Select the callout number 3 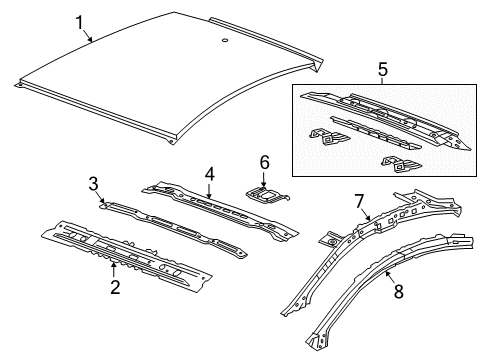point(92,182)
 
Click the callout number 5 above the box point(381,70)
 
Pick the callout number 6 point(264,162)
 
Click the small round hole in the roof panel point(224,41)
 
